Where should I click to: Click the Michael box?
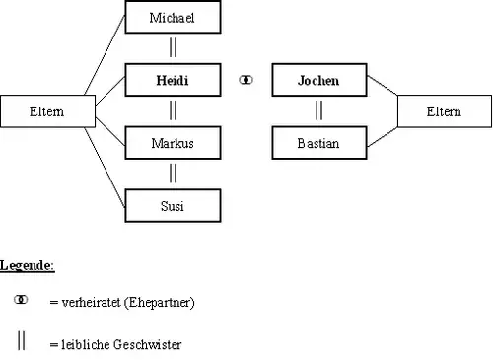pos(173,17)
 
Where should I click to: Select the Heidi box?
pos(173,80)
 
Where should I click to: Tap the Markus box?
pos(173,143)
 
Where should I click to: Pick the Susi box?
pos(173,206)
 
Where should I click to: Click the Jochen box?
pos(319,80)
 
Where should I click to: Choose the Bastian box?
pos(319,143)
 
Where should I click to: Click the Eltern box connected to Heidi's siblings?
pos(47,111)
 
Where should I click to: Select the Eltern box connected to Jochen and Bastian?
pos(445,111)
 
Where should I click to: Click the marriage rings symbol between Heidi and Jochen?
pos(246,80)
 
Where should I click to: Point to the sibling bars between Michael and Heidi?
pos(173,47)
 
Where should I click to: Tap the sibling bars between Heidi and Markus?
pos(173,110)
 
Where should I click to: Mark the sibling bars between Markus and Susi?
pos(173,173)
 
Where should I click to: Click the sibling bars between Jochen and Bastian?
pos(318,110)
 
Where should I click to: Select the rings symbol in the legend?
pos(21,300)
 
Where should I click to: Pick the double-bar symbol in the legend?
pos(21,340)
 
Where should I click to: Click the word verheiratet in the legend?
pos(91,302)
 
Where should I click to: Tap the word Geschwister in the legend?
pos(148,344)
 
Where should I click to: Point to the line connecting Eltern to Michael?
pos(105,55)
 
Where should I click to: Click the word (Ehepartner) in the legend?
pos(160,303)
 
